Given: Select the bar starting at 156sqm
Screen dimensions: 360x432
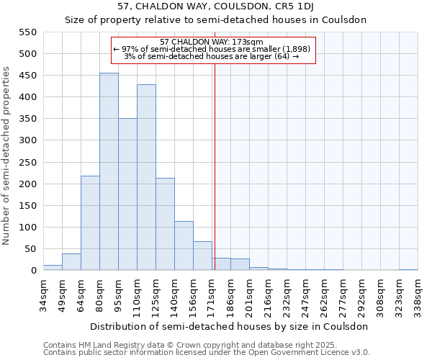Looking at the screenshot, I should pos(202,256).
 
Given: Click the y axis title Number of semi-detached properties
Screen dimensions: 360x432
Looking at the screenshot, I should pos(8,155).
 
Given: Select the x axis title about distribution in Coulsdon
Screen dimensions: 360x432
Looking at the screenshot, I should pos(230,326).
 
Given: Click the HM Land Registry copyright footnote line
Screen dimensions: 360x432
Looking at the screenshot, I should pos(166,345).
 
